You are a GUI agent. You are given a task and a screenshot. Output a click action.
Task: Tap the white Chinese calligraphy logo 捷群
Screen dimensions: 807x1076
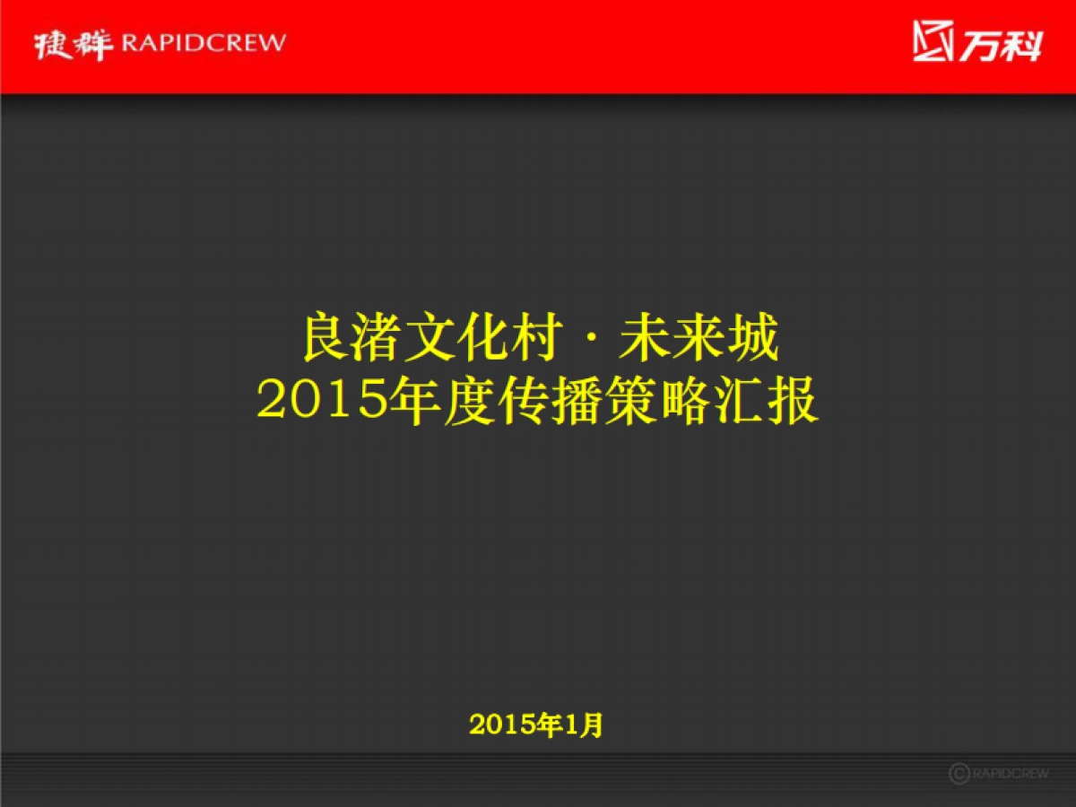(74, 44)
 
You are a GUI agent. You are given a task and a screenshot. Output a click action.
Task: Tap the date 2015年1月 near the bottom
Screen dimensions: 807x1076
(536, 725)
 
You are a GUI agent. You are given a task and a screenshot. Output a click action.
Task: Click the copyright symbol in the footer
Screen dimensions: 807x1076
(959, 773)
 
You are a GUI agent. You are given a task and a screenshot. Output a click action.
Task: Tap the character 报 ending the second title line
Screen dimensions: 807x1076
(794, 402)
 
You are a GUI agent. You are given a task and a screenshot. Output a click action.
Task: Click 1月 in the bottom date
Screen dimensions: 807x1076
(585, 725)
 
